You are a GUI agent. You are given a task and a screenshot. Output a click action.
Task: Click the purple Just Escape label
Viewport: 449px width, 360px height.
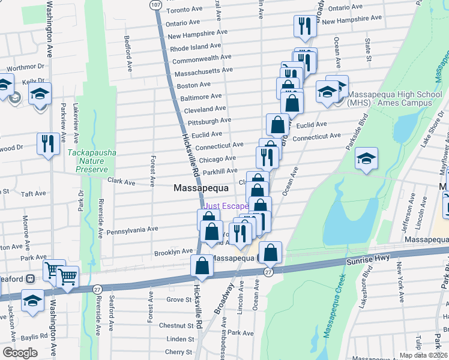tap(226, 206)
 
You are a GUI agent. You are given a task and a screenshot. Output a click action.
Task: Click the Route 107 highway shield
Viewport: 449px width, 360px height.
tap(155, 4)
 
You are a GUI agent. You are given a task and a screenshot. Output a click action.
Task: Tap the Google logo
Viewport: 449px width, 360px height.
tap(20, 353)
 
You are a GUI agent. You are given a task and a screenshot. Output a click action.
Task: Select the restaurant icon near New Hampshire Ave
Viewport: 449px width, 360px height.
tap(305, 26)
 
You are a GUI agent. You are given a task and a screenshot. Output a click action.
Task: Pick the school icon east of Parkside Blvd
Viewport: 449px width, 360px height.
tap(366, 158)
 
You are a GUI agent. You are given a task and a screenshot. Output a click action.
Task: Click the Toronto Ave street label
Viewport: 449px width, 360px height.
tap(184, 10)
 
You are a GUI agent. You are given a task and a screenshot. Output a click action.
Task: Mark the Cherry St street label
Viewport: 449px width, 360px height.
tap(178, 352)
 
